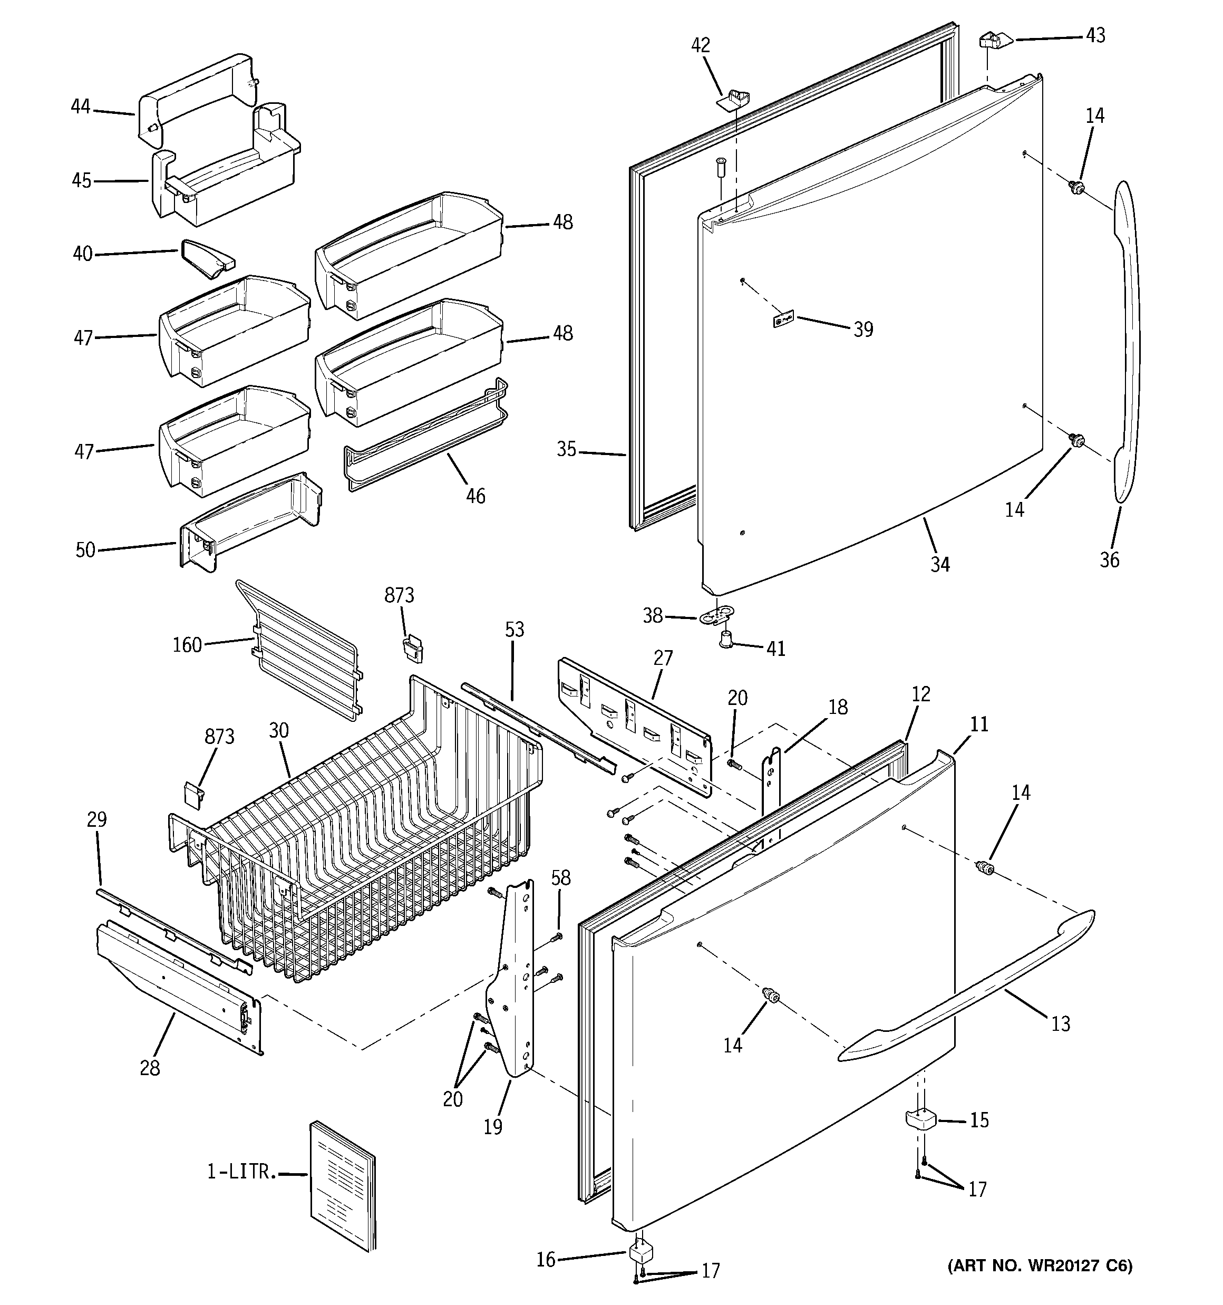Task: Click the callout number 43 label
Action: tap(1095, 35)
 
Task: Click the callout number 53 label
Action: tap(515, 630)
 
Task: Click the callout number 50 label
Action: tap(85, 549)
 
